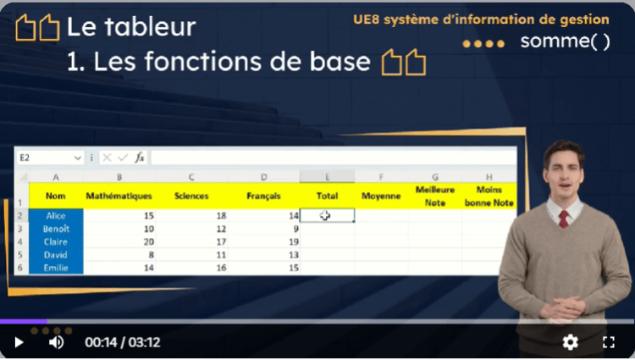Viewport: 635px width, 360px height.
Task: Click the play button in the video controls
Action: (x=19, y=342)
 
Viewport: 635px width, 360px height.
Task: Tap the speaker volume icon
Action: (x=56, y=342)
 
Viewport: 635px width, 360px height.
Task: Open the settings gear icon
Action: (x=570, y=342)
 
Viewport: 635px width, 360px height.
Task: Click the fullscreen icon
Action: (x=608, y=342)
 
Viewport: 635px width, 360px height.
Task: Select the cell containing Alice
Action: (x=56, y=216)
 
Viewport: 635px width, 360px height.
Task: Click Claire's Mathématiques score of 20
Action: (x=149, y=241)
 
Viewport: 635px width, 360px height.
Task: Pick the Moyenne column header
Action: (x=381, y=196)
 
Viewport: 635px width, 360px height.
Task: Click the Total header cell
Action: (x=327, y=196)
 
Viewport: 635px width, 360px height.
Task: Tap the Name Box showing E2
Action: (x=50, y=158)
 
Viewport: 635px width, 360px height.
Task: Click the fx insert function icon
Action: (x=140, y=157)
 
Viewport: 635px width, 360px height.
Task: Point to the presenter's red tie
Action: (x=563, y=219)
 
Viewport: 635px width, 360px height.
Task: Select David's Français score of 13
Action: (x=294, y=255)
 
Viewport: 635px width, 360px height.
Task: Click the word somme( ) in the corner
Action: (x=565, y=42)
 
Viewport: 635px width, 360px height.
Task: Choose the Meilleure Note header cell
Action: (x=435, y=196)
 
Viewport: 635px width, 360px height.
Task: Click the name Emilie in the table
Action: (x=56, y=268)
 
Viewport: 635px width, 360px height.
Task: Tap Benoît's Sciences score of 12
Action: (x=221, y=229)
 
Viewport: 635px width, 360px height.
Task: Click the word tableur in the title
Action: (x=150, y=27)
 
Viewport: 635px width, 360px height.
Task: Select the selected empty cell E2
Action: (x=327, y=215)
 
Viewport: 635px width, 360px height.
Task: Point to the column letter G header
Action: (x=435, y=177)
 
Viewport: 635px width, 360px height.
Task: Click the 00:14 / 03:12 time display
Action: (x=123, y=342)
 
